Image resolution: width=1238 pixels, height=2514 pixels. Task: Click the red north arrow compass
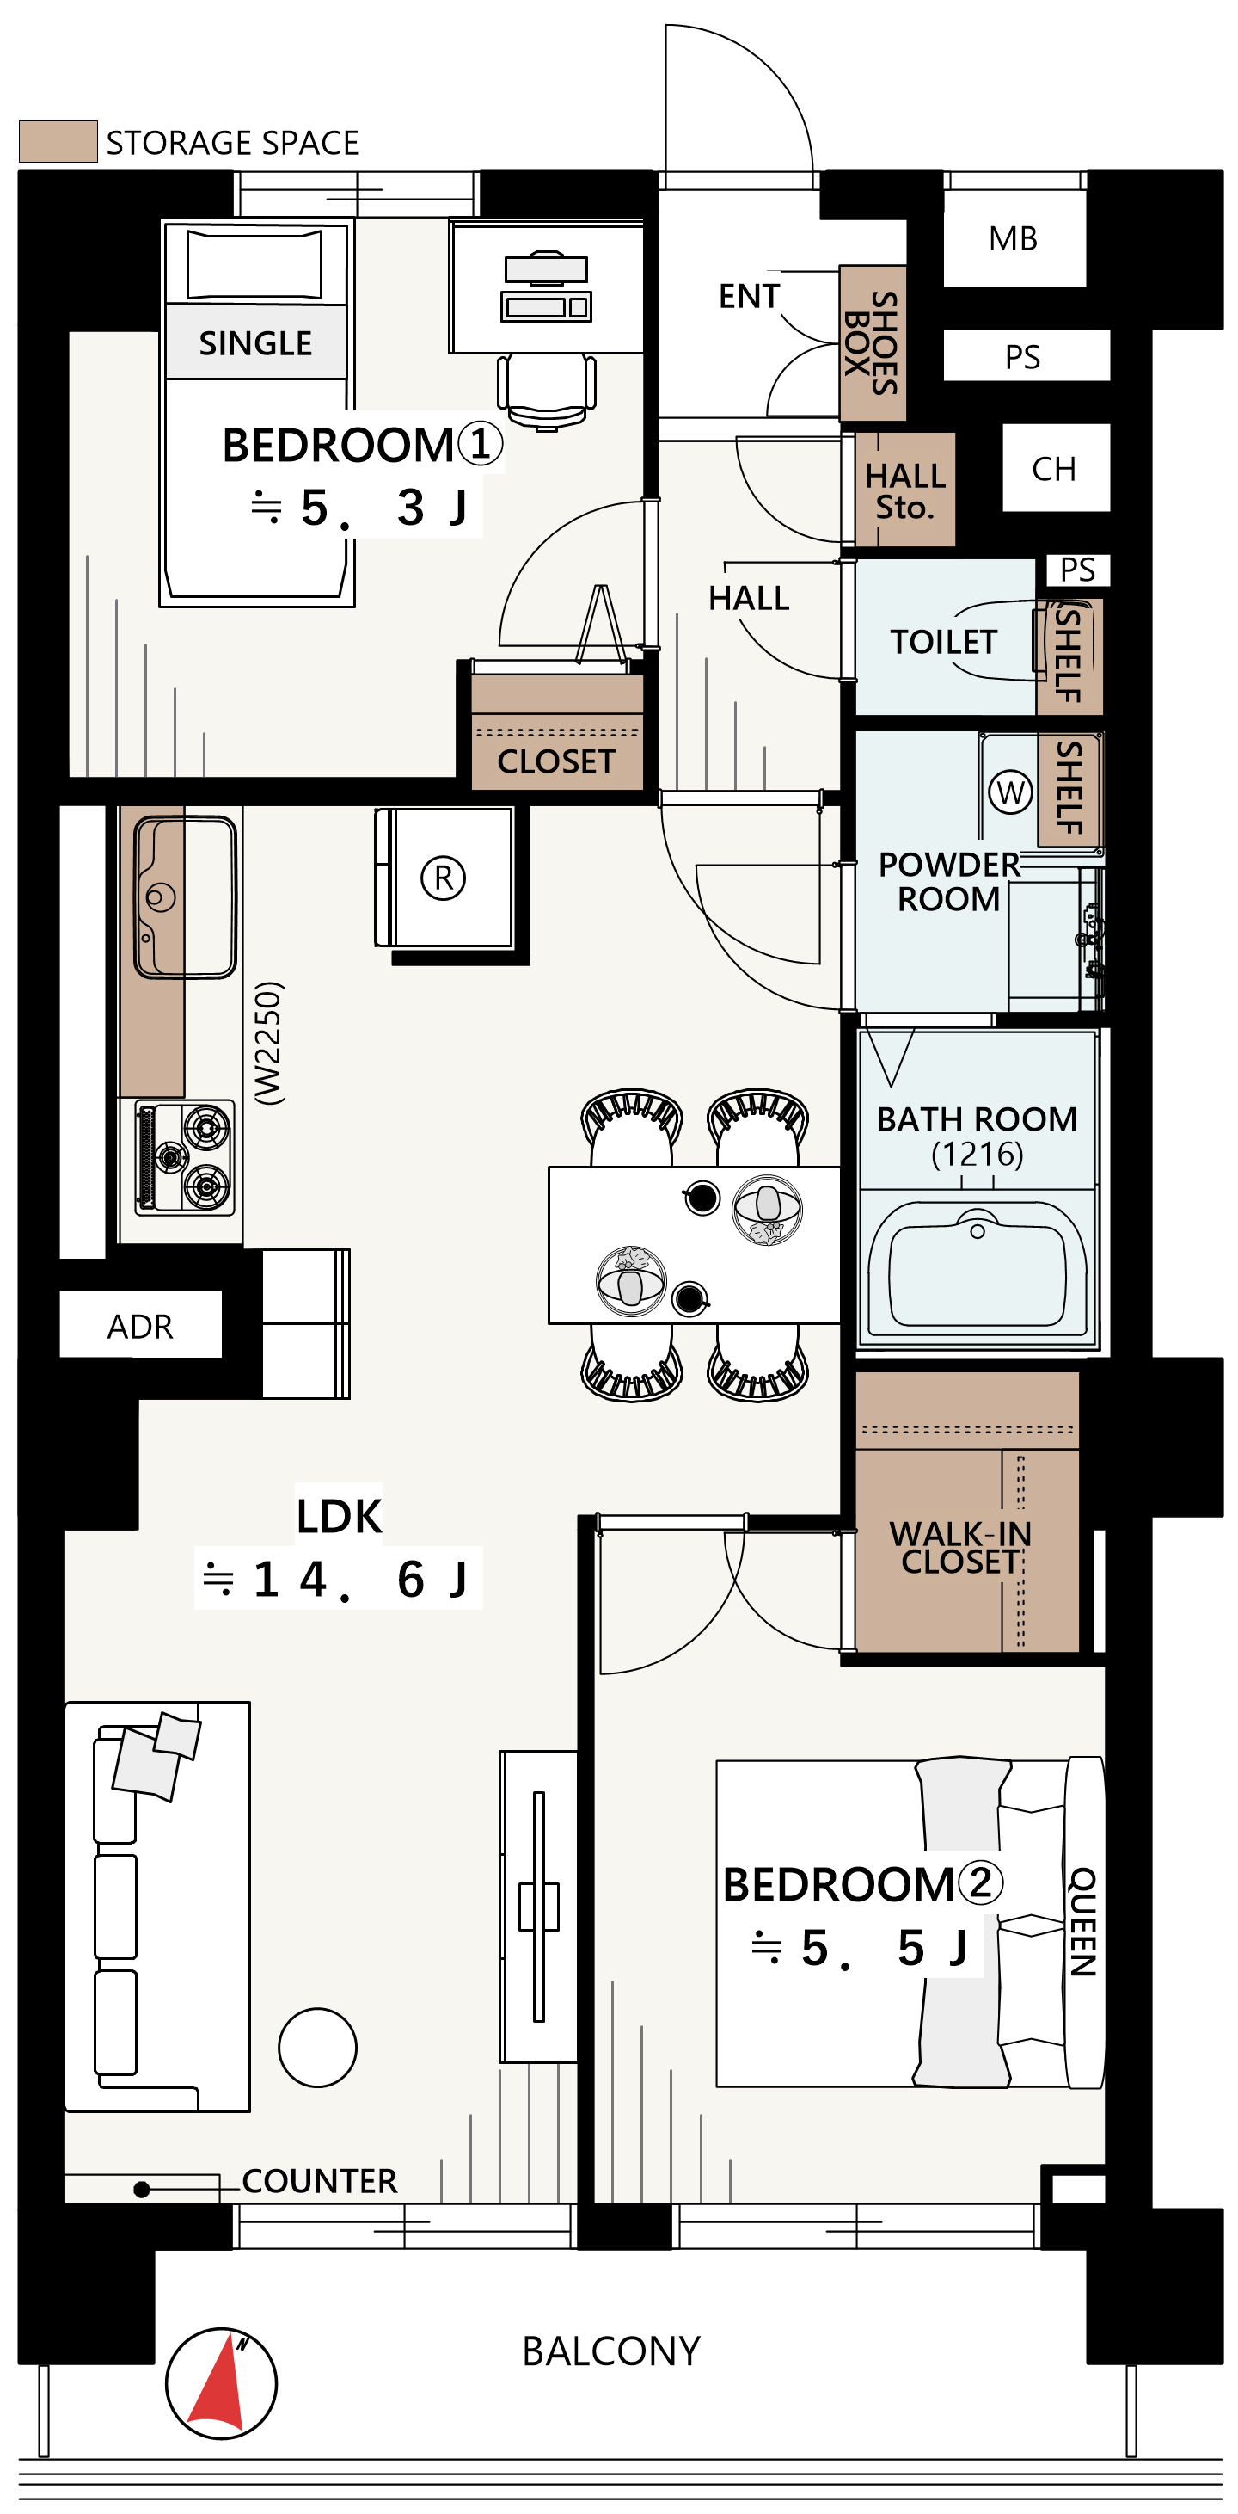tap(222, 2382)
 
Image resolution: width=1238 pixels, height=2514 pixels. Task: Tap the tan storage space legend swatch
tap(58, 141)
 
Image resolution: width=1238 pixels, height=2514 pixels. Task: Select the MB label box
tap(1014, 238)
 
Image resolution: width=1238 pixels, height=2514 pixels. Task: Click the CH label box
tap(1055, 468)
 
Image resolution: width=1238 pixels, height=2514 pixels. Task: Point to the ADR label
tap(140, 1327)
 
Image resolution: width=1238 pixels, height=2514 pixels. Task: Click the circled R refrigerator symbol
tap(443, 878)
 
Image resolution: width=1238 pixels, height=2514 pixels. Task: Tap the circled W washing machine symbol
tap(1011, 792)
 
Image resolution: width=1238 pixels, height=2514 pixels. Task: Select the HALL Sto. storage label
tap(905, 491)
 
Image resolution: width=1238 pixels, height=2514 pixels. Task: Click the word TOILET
tap(943, 642)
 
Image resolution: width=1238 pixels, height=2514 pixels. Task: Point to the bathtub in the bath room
tap(978, 1266)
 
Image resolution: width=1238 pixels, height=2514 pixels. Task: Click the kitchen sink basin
tap(186, 897)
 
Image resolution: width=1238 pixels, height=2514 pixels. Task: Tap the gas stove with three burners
tap(184, 1157)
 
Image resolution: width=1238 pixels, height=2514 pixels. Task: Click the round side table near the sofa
tap(318, 2048)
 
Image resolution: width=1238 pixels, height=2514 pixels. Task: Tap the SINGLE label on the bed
tap(255, 342)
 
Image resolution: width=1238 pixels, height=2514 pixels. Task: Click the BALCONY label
tap(611, 2351)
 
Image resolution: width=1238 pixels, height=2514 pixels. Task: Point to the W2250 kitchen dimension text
tap(268, 1042)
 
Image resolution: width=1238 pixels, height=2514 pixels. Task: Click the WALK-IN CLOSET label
tap(961, 1548)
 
